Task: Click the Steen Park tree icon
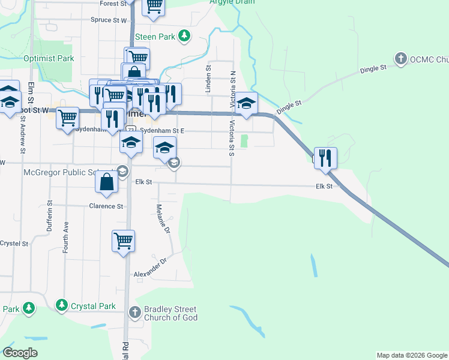tap(185, 37)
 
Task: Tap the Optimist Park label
tap(49, 58)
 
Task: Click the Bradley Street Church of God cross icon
tap(135, 312)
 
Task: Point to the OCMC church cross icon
tap(401, 59)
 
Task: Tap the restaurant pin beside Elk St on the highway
tap(325, 158)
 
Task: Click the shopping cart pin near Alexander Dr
tap(123, 241)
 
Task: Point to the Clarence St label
tap(106, 206)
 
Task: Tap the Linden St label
tap(209, 80)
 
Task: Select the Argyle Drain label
tap(232, 2)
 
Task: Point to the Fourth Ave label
tap(65, 236)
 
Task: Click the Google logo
tap(20, 353)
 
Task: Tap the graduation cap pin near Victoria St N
tap(246, 103)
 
